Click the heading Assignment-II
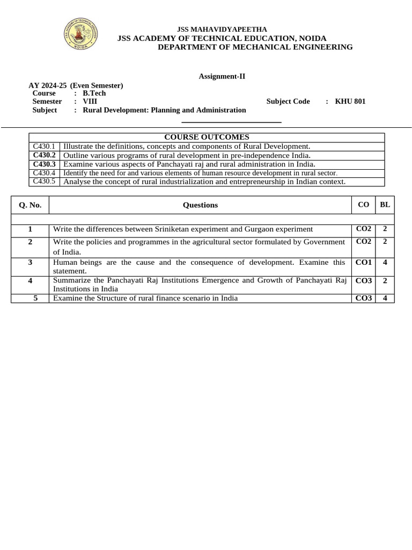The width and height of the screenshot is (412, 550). click(x=222, y=76)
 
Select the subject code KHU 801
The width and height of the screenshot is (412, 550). click(x=350, y=101)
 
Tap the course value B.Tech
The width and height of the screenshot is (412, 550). click(x=94, y=93)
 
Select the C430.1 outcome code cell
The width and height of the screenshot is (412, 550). click(x=44, y=146)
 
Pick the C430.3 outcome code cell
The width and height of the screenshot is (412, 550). click(x=44, y=164)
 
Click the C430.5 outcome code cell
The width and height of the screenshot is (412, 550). click(x=44, y=182)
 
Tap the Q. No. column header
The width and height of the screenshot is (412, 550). click(x=30, y=205)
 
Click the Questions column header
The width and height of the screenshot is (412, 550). click(x=201, y=205)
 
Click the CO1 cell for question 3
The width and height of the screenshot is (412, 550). click(x=364, y=263)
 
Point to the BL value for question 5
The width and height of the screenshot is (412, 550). click(x=385, y=298)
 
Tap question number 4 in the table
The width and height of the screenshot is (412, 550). click(x=30, y=280)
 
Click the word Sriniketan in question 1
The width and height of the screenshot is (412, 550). click(x=172, y=229)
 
